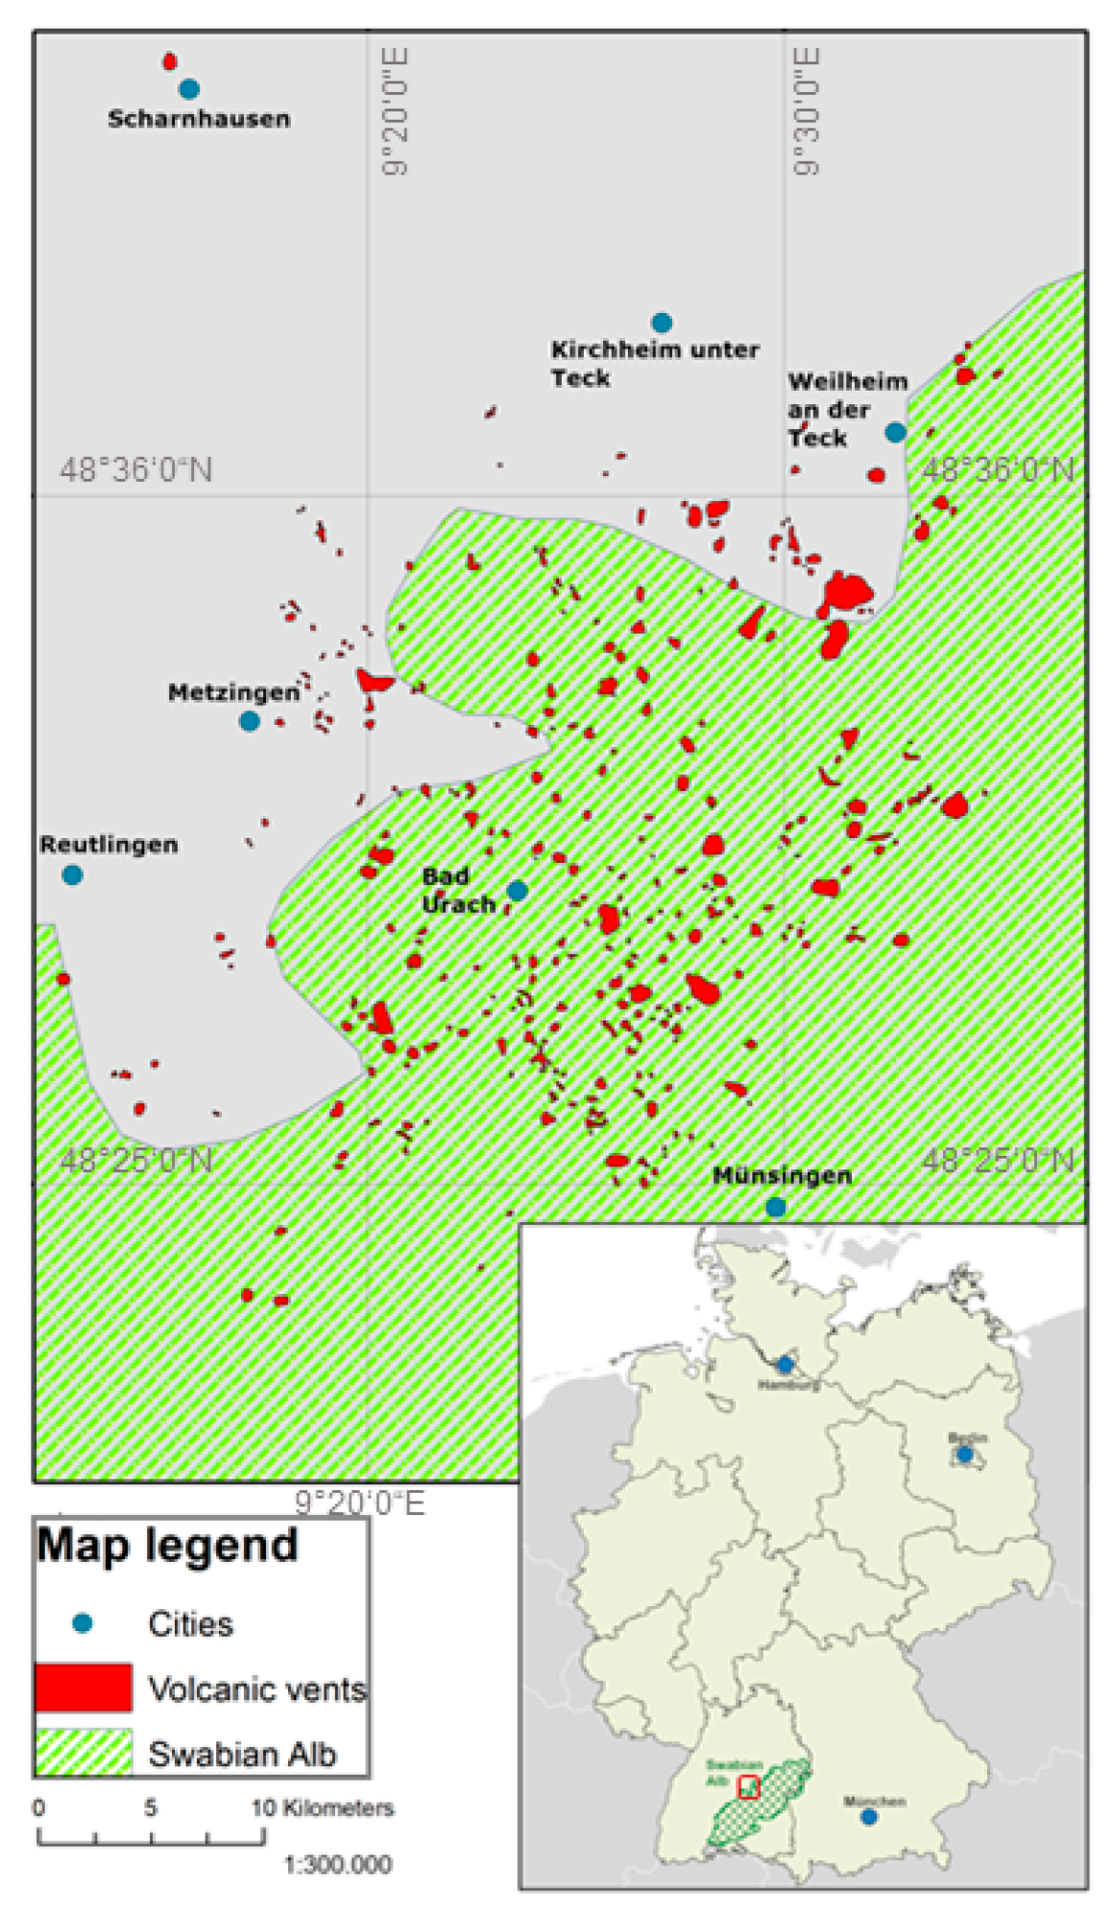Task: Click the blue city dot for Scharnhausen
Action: pyautogui.click(x=189, y=89)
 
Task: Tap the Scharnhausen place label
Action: pyautogui.click(x=199, y=119)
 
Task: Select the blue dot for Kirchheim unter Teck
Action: pyautogui.click(x=662, y=323)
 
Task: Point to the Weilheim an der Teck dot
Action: pyautogui.click(x=895, y=432)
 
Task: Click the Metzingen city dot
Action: pyautogui.click(x=250, y=721)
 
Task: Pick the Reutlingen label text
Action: pyautogui.click(x=109, y=845)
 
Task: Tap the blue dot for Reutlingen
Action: pyautogui.click(x=72, y=875)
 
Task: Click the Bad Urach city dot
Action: pyautogui.click(x=517, y=890)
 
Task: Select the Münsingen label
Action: pyautogui.click(x=782, y=1175)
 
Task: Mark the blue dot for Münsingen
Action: pyautogui.click(x=776, y=1207)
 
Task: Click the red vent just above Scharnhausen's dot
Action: pyautogui.click(x=170, y=62)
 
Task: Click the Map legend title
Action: pyautogui.click(x=167, y=1546)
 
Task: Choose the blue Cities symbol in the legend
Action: pyautogui.click(x=83, y=1623)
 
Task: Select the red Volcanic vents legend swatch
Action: pyautogui.click(x=84, y=1688)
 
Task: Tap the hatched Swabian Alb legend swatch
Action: pyautogui.click(x=84, y=1752)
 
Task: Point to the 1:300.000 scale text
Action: pyautogui.click(x=338, y=1864)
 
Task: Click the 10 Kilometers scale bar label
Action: pyautogui.click(x=323, y=1808)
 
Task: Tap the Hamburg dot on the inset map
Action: pyautogui.click(x=786, y=1364)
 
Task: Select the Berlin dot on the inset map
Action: pyautogui.click(x=965, y=1454)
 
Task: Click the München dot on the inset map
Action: pyautogui.click(x=869, y=1816)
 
